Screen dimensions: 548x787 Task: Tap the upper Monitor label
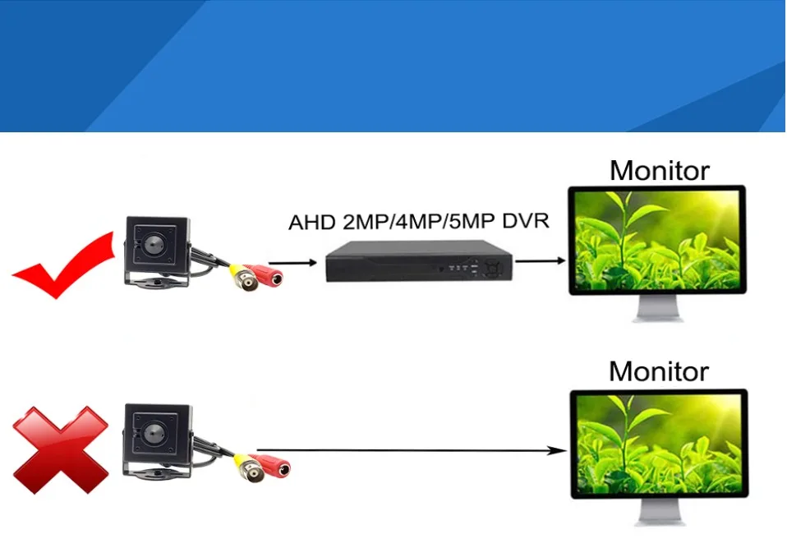tap(659, 171)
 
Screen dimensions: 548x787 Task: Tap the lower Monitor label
tap(659, 371)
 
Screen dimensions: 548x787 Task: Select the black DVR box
tap(418, 262)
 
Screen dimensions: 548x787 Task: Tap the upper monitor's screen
tap(657, 242)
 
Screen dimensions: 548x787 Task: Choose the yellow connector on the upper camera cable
tap(241, 272)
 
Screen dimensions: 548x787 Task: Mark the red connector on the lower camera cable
tap(273, 467)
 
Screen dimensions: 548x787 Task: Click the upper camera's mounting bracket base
tap(156, 283)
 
